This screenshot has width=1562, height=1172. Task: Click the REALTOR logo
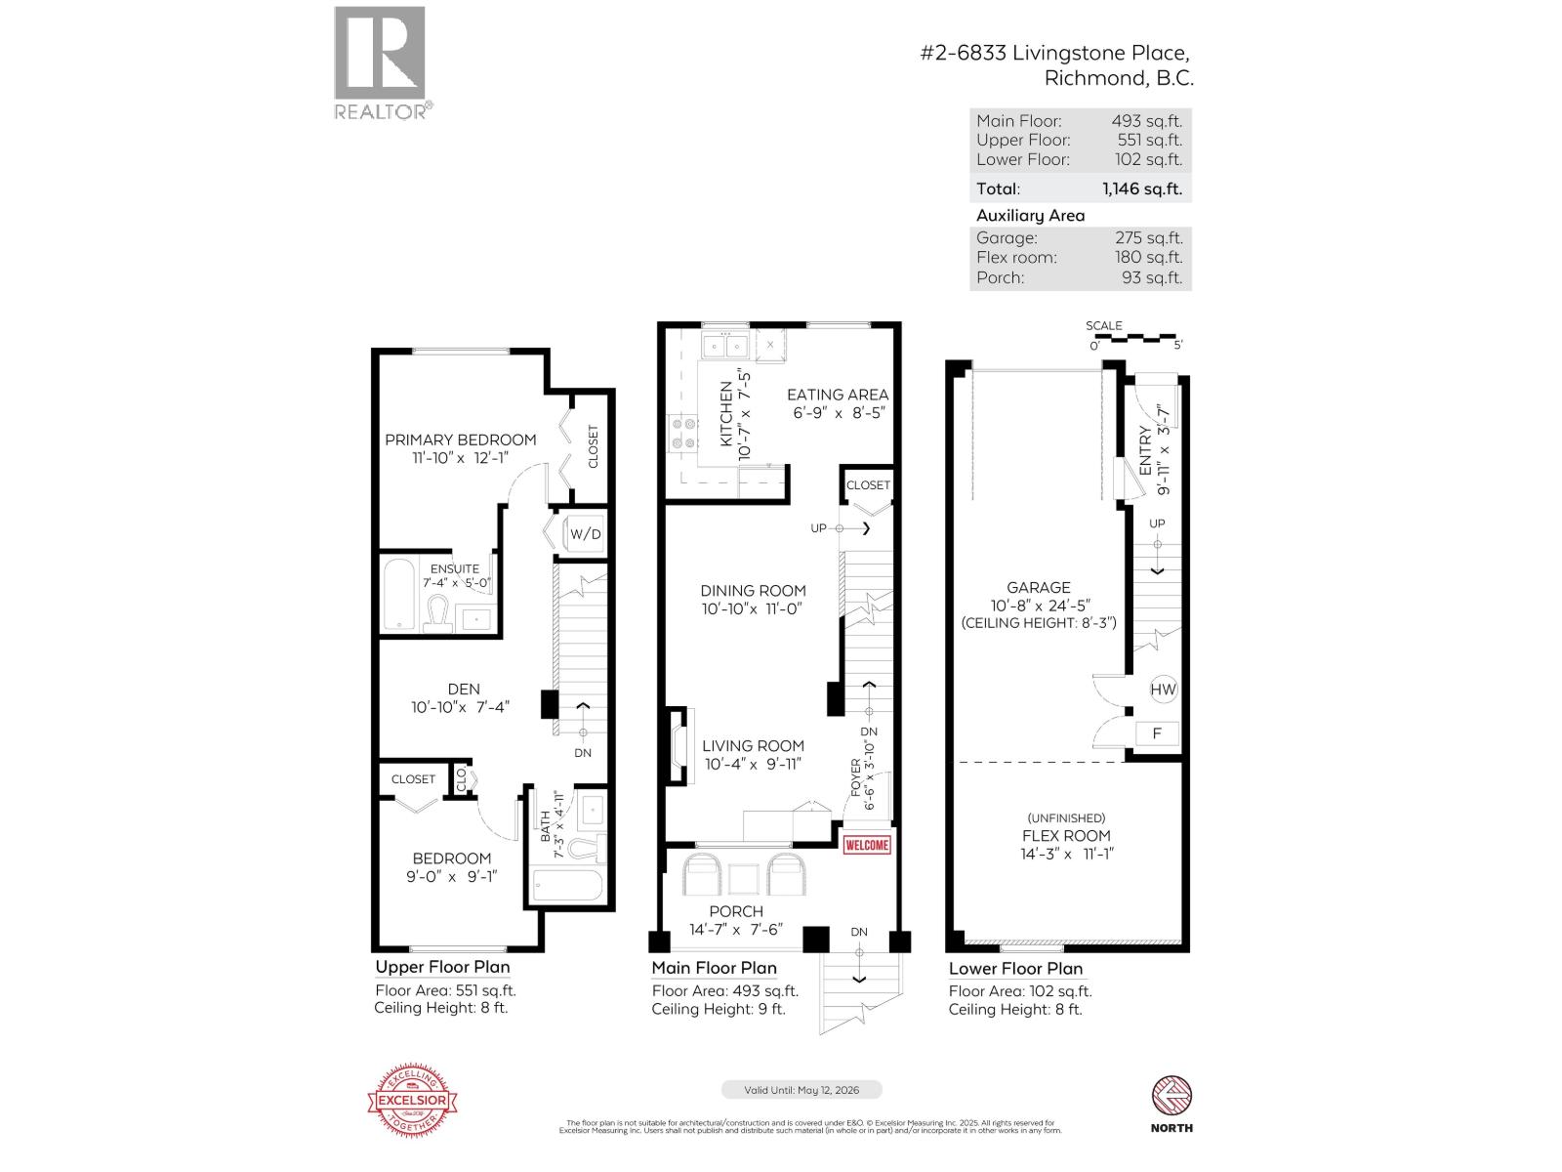coord(381,62)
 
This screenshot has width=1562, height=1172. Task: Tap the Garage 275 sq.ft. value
coord(1148,237)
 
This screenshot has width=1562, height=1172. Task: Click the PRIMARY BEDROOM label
coord(460,439)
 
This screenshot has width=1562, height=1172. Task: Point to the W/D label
coord(586,534)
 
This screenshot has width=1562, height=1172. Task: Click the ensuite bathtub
coord(399,595)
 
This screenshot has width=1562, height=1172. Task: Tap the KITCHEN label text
coord(726,414)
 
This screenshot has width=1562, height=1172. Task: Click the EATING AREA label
coord(838,395)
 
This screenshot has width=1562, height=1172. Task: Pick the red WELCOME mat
coord(866,845)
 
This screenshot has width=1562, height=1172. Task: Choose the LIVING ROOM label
coord(753,746)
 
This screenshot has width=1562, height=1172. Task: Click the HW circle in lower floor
coord(1163,690)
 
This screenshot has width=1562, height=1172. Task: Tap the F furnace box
coord(1158,732)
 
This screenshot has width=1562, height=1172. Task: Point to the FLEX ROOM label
coord(1066,836)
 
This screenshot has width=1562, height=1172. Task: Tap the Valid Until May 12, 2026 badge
coord(802,1090)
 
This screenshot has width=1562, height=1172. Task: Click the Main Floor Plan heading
coord(714,968)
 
